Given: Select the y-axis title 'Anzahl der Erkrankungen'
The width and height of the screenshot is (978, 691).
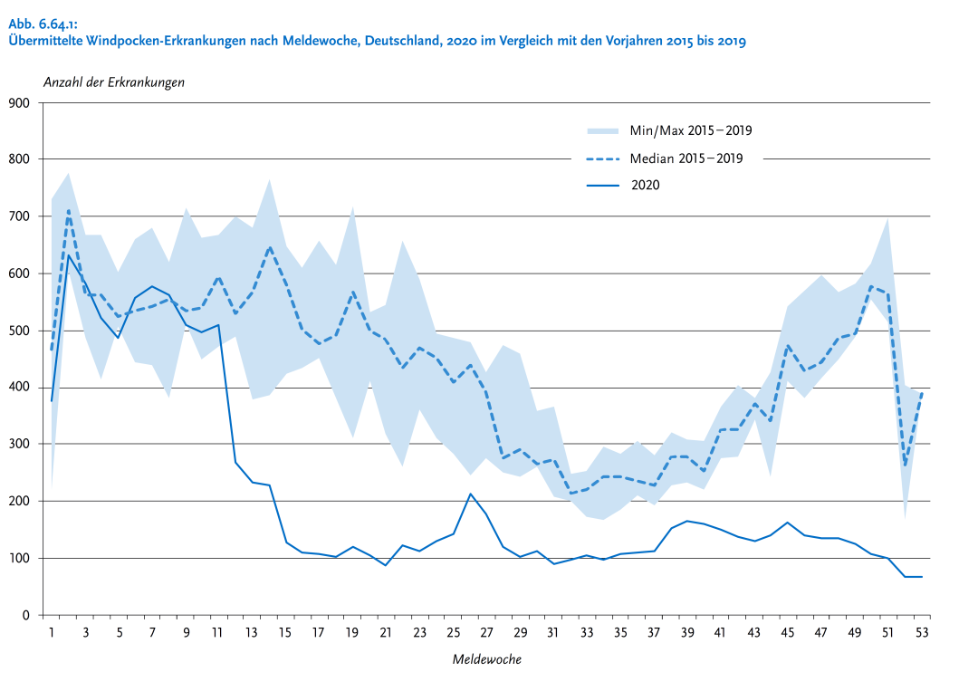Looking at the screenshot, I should click(114, 82).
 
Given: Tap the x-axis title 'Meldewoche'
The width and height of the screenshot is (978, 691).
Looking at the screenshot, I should click(487, 659).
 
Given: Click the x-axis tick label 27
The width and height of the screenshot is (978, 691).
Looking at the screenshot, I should click(486, 633).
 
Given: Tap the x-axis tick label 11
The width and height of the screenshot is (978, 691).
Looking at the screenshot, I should click(217, 633).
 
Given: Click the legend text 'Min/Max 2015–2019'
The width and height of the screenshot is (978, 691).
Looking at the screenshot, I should click(691, 130).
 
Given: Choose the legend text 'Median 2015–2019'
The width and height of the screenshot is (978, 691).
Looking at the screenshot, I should click(686, 158).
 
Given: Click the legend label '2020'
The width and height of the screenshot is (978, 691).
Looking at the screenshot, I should click(646, 186).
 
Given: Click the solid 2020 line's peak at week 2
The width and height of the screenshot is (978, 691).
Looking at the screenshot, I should click(68, 254).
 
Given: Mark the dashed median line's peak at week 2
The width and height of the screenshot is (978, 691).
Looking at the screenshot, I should click(68, 210).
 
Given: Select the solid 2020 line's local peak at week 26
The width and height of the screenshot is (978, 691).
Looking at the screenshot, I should click(470, 494).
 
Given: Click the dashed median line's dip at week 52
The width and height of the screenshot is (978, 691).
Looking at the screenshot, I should click(905, 465).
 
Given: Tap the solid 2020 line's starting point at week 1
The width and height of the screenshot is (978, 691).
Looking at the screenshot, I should click(52, 401).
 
